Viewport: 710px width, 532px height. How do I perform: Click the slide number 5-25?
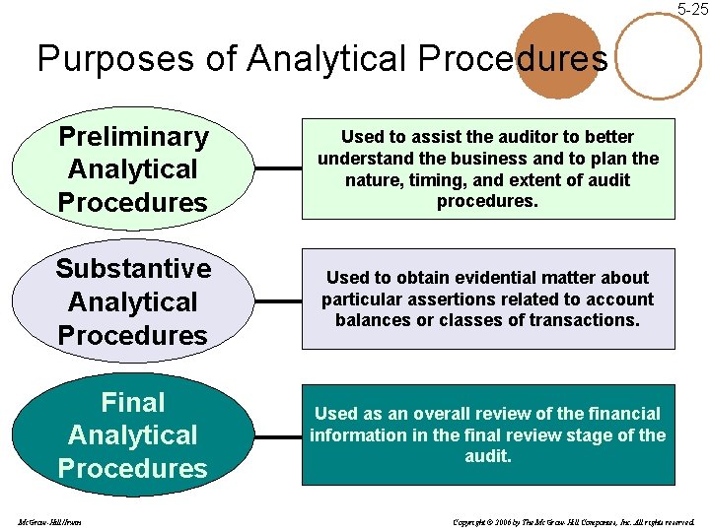click(691, 9)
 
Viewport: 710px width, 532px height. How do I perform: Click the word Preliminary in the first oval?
click(133, 136)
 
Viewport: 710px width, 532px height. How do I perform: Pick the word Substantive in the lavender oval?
click(133, 268)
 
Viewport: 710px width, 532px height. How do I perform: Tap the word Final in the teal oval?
click(133, 402)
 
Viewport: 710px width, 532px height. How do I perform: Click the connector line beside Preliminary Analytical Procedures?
click(278, 168)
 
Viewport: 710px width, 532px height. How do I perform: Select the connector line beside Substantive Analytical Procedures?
click(278, 300)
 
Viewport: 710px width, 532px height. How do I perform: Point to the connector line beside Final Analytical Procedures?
click(278, 434)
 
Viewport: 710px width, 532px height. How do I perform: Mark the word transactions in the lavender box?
click(586, 320)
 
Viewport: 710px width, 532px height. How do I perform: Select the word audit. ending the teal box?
click(488, 456)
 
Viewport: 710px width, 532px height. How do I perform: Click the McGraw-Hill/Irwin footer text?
click(49, 520)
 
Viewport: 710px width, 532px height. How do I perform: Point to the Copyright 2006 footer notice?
click(573, 520)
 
